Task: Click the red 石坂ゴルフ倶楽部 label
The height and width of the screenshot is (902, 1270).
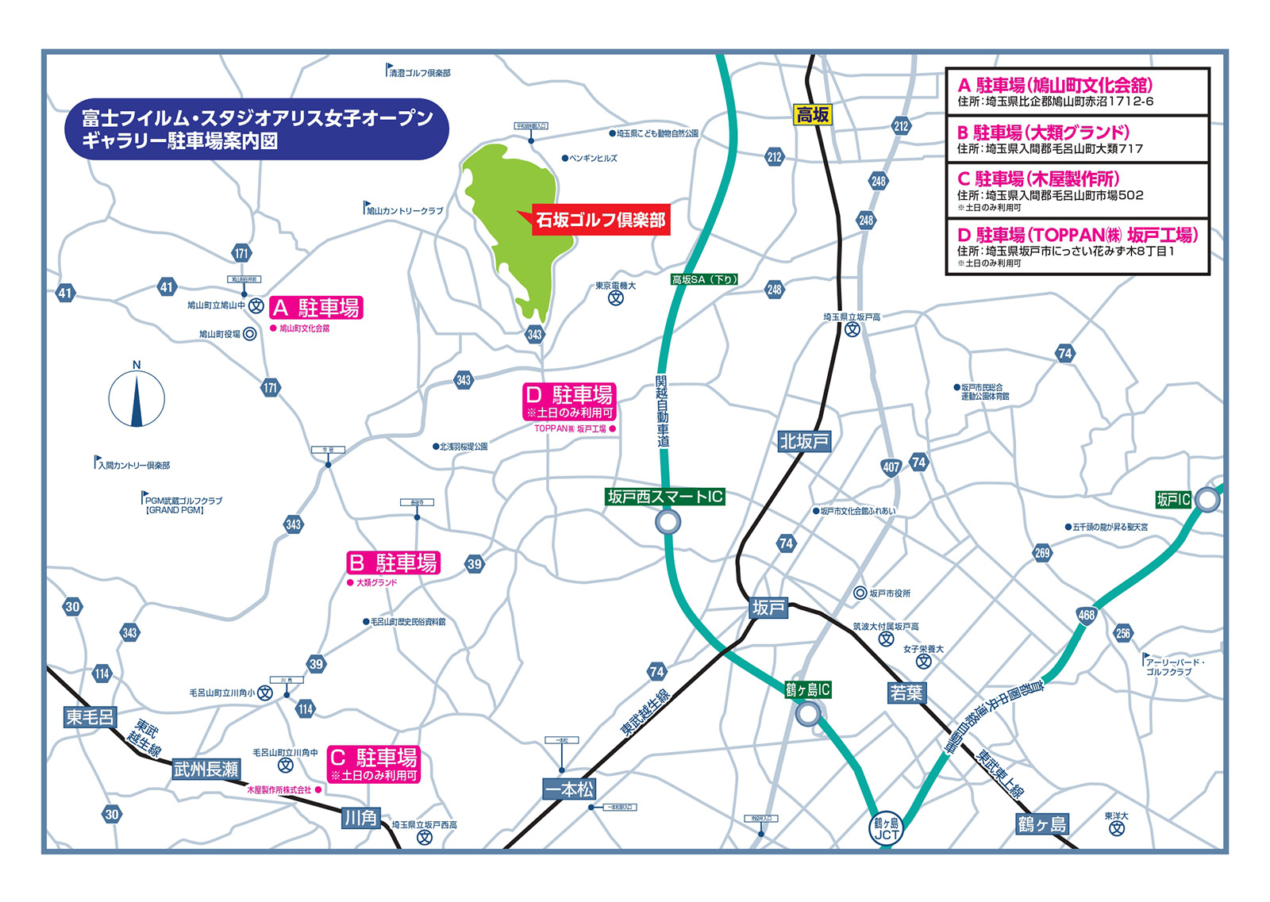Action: (601, 220)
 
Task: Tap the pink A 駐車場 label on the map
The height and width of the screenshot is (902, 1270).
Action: (317, 308)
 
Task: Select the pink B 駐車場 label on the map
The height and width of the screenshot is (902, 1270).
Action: (394, 562)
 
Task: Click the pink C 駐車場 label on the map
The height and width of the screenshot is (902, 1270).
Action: (374, 764)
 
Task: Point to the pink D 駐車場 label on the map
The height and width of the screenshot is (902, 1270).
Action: (570, 401)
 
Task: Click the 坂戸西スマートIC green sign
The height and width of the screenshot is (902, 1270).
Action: (665, 497)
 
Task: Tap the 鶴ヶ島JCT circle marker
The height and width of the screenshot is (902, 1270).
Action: (886, 829)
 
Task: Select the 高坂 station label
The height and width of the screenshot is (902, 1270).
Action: (813, 115)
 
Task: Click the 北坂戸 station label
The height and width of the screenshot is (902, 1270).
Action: (804, 442)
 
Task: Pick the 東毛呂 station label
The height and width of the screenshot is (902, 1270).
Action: (90, 717)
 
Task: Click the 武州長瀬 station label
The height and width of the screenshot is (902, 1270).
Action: (206, 769)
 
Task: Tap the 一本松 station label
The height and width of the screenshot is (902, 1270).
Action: (568, 789)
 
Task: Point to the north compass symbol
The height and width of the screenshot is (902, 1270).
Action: (137, 397)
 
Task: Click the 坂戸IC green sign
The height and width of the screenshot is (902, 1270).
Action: (1173, 500)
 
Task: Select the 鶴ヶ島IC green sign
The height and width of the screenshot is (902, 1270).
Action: (808, 690)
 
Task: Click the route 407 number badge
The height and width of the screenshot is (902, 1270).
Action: (891, 467)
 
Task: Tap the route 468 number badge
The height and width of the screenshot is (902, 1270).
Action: (1087, 615)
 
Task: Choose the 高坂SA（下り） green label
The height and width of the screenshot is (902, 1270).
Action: (705, 279)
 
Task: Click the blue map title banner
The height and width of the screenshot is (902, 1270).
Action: (256, 129)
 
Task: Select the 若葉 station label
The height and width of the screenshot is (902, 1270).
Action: (906, 693)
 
